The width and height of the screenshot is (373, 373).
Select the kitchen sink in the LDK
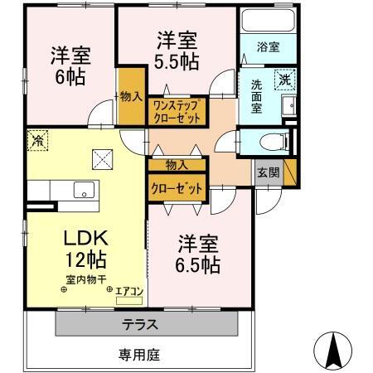(83, 190)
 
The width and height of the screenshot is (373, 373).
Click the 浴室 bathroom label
(266, 47)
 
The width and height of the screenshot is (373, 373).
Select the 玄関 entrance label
(267, 172)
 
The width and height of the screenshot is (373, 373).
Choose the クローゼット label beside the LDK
(176, 188)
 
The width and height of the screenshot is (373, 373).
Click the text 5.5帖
(177, 60)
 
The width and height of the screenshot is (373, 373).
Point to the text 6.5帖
(197, 265)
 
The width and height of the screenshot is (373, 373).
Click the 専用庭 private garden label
(137, 355)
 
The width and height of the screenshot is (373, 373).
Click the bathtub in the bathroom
(266, 21)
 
